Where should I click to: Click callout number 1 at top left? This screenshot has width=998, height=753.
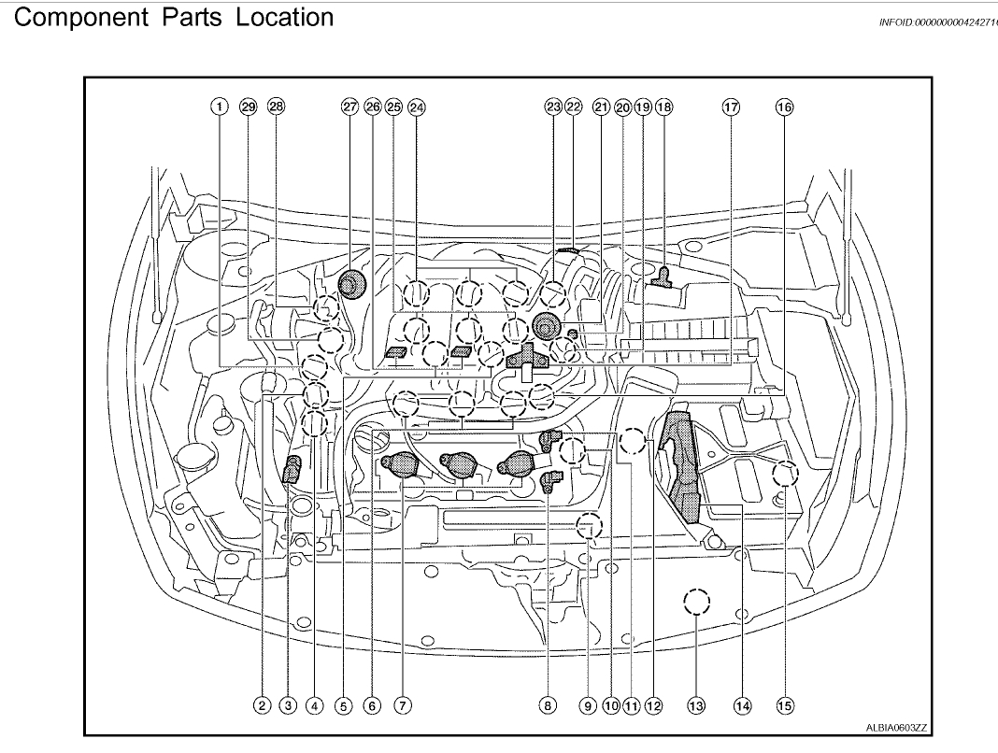click(218, 107)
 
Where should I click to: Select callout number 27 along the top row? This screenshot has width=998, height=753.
click(349, 107)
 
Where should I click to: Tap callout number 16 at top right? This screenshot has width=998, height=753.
click(784, 107)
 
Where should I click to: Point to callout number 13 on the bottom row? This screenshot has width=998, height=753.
click(695, 706)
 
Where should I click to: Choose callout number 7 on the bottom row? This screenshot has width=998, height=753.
click(403, 706)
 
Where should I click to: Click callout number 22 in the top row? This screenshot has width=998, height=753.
click(574, 107)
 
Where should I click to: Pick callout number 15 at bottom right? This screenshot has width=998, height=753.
click(784, 706)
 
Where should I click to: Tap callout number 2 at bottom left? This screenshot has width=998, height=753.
click(264, 706)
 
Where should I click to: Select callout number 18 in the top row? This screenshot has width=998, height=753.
click(664, 107)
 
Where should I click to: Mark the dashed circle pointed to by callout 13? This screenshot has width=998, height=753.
click(695, 603)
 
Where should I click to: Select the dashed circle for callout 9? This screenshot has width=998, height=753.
click(588, 527)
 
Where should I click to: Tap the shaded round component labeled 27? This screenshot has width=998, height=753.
click(351, 283)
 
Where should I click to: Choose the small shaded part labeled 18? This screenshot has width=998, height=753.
click(664, 276)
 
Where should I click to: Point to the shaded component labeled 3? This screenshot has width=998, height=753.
click(291, 469)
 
